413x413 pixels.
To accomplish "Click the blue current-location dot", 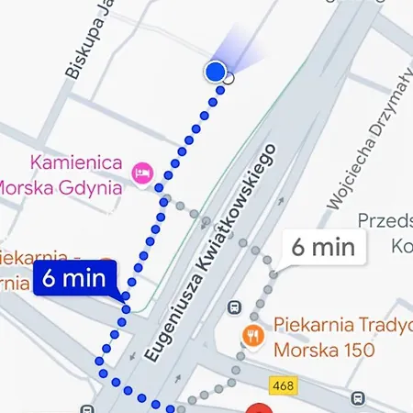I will point(216,72).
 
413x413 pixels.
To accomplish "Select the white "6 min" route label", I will point(322,246).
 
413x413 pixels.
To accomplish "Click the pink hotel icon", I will point(141,171).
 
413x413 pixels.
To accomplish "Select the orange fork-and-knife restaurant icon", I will point(250,334).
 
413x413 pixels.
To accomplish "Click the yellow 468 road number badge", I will point(284,385).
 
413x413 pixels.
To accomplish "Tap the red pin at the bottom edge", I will point(260,408).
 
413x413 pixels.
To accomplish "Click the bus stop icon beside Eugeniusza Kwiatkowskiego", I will point(236,307).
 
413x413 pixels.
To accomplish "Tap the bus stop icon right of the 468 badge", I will point(357,398).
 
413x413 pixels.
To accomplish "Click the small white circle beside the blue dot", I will point(229,79).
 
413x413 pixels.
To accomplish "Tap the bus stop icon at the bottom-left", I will point(87,409).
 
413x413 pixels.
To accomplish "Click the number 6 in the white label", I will point(298,247).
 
